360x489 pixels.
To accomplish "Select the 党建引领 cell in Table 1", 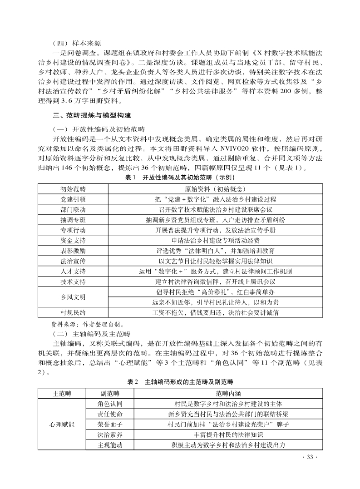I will coord(73,199).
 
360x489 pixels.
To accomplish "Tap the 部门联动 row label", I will coord(73,210).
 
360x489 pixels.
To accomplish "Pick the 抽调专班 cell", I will coord(73,220).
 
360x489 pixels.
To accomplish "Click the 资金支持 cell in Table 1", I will coord(73,241).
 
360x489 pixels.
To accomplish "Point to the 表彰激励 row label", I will coord(73,251).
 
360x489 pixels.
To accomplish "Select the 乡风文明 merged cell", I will coord(73,297).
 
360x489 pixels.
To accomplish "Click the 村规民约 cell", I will coord(73,313).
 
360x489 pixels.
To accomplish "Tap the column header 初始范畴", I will coord(73,189).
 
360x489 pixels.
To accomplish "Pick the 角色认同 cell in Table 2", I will coord(110,404).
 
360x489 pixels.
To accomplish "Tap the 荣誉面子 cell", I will coord(110,425).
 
